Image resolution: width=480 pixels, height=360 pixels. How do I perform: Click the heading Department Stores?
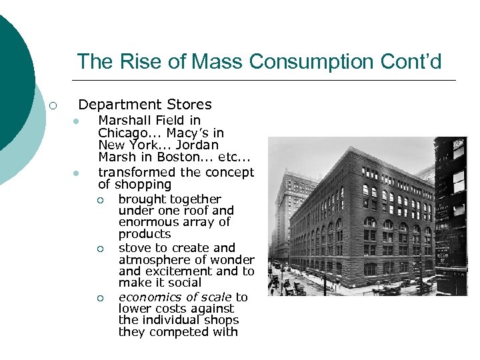(145, 105)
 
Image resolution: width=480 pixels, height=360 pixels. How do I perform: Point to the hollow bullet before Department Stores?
(53, 105)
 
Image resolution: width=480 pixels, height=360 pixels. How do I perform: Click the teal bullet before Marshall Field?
(77, 121)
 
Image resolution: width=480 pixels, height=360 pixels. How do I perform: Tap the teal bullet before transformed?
(77, 173)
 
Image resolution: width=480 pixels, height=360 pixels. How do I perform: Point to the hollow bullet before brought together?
(99, 199)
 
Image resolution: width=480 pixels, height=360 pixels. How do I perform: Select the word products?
(145, 234)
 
